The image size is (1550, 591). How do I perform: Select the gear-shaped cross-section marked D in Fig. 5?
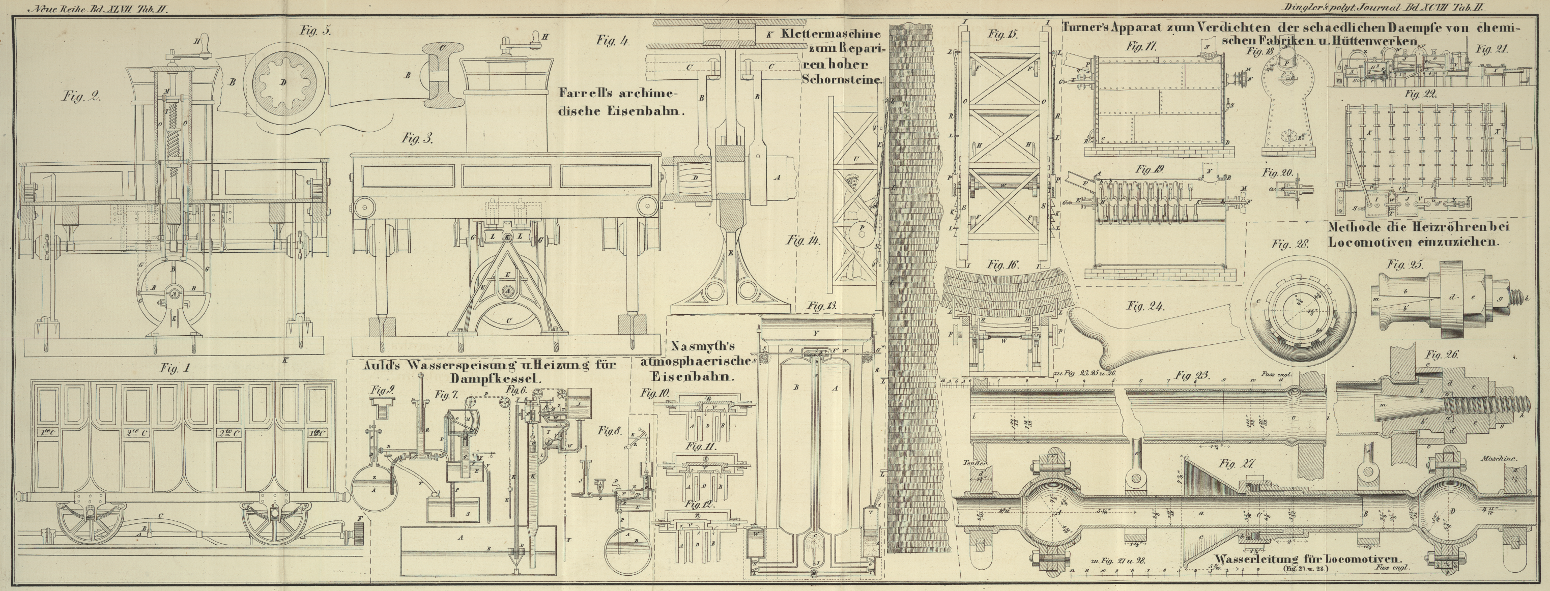click(x=283, y=83)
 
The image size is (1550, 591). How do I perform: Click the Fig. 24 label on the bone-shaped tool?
click(x=1145, y=306)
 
